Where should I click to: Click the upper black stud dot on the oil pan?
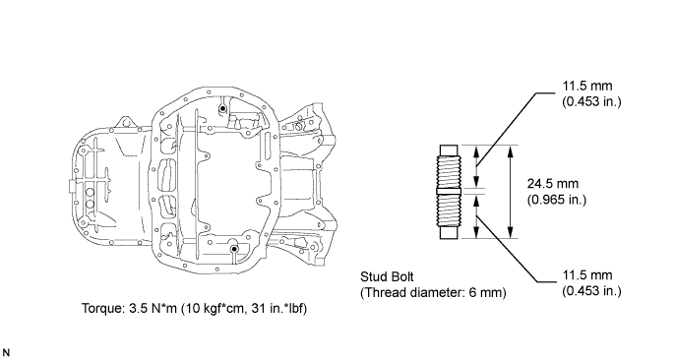[x=222, y=109]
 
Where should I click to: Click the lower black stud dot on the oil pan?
[x=234, y=249]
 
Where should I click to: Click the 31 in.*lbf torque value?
[x=276, y=309]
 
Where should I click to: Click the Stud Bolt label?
[x=387, y=276]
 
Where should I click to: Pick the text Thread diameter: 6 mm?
[x=433, y=293]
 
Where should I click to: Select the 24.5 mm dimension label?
[x=553, y=184]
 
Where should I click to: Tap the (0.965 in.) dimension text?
[x=557, y=200]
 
